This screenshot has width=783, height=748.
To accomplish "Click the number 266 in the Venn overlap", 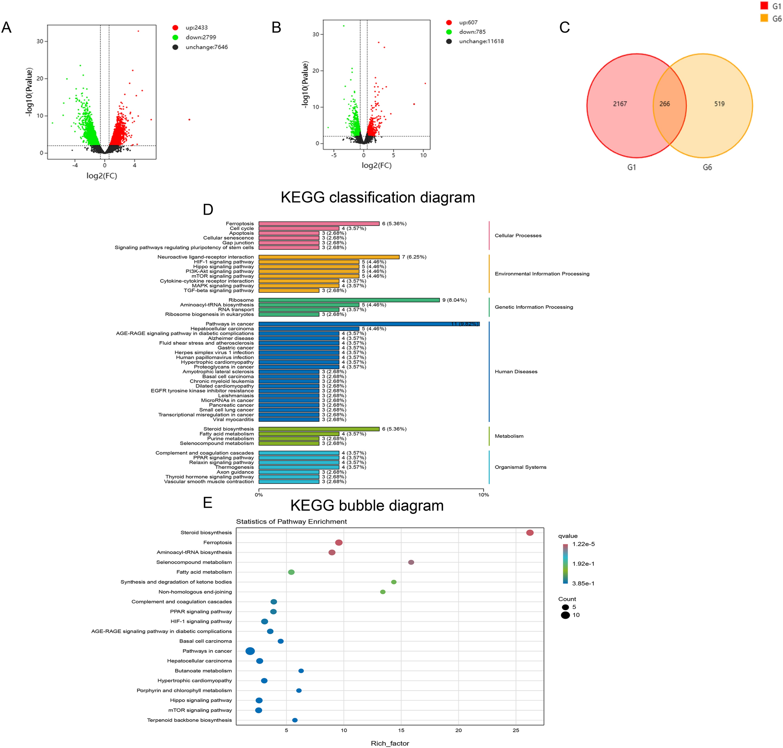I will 664,104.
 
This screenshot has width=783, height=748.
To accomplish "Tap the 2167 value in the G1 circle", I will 619,104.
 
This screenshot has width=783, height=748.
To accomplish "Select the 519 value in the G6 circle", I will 719,104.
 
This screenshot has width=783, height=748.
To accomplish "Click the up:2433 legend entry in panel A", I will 196,27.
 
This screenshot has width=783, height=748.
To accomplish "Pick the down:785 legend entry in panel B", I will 472,32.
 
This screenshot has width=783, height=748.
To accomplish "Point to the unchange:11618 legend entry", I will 481,41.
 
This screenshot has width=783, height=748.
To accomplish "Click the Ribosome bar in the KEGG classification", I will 349,300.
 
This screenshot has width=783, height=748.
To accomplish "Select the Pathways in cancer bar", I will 369,324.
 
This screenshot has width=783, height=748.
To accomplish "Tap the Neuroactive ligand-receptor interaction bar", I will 329,257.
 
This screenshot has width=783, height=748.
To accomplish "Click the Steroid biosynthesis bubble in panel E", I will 529,533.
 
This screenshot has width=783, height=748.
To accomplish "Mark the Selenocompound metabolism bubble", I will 411,562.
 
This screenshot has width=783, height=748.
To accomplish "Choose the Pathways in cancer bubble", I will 250,651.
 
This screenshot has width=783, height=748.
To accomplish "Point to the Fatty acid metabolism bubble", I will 291,572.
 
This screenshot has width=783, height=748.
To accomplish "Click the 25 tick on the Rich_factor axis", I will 516,730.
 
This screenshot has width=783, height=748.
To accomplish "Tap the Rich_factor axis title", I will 390,743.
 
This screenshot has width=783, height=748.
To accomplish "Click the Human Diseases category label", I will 516,372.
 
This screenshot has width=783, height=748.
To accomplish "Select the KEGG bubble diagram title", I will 367,506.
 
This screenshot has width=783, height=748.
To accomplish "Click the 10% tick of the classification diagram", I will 483,495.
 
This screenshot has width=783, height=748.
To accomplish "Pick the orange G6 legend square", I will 764,18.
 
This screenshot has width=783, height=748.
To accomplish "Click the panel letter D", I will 208,210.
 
